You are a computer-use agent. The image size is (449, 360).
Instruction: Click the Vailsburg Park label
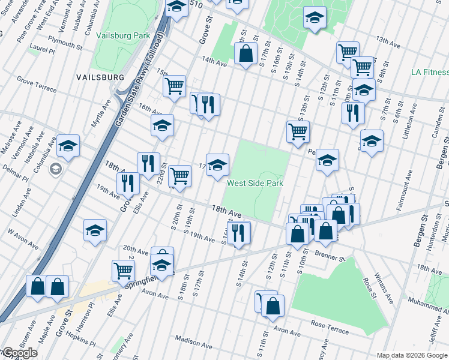click(123, 35)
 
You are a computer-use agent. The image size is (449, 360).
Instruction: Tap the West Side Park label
click(255, 182)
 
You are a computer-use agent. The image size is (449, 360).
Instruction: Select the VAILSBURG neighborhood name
click(100, 77)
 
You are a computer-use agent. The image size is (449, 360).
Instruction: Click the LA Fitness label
click(429, 72)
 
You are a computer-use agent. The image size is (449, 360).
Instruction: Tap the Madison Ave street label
click(194, 343)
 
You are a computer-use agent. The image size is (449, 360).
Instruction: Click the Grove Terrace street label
click(37, 85)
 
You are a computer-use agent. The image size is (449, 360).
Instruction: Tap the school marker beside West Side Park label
click(217, 166)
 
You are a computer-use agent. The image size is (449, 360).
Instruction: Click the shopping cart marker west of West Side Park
click(179, 176)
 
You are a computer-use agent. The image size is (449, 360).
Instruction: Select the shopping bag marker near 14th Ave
click(246, 53)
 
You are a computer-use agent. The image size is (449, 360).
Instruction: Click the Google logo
click(19, 353)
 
